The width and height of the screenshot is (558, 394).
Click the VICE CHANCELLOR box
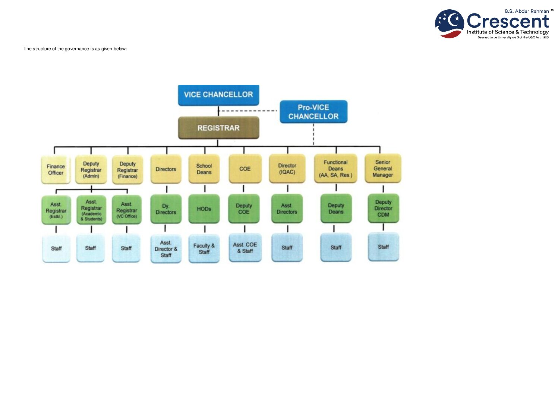[218, 95]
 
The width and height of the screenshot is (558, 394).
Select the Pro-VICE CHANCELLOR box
[313, 112]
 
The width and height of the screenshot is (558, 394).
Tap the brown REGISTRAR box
[218, 128]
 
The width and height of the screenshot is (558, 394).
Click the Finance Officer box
[56, 169]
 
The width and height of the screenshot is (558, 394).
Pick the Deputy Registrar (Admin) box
[91, 169]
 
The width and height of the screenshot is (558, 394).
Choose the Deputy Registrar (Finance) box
[127, 169]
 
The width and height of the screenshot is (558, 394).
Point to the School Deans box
[204, 169]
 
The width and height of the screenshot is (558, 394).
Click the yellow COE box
[245, 169]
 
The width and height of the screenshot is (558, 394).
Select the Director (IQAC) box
[287, 169]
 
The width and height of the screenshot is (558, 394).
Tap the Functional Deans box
[335, 168]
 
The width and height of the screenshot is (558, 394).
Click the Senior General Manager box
[383, 168]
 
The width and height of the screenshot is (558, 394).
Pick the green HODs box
[204, 209]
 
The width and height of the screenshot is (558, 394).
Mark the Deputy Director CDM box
[383, 208]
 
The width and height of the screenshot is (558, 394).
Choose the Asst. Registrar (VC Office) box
[127, 210]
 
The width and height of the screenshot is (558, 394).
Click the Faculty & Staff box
[204, 249]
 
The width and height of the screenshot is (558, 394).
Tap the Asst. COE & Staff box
[245, 248]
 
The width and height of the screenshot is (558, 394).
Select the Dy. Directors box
[166, 209]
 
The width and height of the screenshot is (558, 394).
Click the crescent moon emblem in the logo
[450, 23]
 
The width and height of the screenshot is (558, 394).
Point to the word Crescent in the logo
[508, 21]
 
